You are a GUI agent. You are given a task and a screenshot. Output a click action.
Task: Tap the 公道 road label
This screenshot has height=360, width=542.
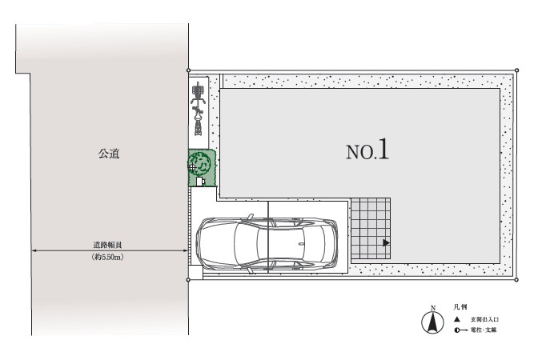pyautogui.click(x=109, y=153)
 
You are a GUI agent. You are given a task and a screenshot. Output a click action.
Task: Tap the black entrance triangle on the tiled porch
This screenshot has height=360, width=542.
pyautogui.click(x=386, y=242)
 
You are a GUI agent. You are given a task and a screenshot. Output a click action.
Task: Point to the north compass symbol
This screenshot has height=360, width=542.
pyautogui.click(x=432, y=322)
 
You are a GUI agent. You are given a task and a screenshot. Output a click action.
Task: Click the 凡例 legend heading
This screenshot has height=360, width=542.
pyautogui.click(x=460, y=306)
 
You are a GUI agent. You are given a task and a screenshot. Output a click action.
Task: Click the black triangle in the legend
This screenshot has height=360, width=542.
pyautogui.click(x=456, y=319)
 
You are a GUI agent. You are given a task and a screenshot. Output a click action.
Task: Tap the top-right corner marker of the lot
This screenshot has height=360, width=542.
pyautogui.click(x=516, y=70)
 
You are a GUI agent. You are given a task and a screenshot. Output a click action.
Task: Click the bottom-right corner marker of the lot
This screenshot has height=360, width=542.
pyautogui.click(x=516, y=279)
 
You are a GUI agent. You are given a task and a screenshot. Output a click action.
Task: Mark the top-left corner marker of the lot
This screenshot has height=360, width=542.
pyautogui.click(x=187, y=70)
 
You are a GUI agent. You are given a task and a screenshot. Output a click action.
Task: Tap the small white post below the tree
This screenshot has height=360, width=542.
pyautogui.click(x=202, y=182)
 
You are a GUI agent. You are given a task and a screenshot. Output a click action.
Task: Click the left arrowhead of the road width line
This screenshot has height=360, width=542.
pyautogui.click(x=34, y=251)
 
